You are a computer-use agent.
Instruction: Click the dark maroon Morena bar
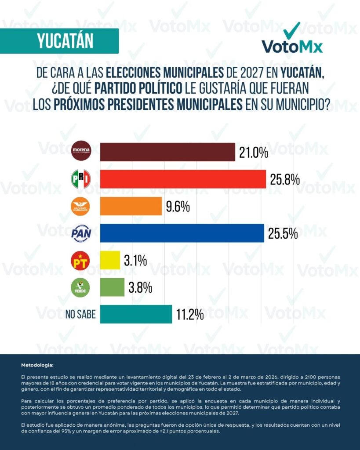point(167,152)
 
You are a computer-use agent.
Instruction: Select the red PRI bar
point(183,179)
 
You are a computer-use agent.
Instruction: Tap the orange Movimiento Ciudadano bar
point(131,206)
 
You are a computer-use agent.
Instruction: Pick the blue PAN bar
point(182,233)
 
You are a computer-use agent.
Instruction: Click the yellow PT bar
point(110,260)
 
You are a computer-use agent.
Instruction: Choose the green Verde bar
point(112,287)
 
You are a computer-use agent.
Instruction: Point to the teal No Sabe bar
point(136,314)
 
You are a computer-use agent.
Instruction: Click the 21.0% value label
point(254,152)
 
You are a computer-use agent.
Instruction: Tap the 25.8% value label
point(285,179)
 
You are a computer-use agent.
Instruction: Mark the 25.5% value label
point(283,233)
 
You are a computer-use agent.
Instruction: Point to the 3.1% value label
point(135,261)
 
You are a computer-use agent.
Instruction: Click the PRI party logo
point(81,179)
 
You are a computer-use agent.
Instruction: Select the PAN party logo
point(81,233)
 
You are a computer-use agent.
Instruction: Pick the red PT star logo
point(81,260)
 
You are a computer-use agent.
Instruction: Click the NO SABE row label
point(80,315)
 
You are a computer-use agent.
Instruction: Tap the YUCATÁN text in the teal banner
point(65,41)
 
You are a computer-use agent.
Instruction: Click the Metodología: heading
point(37,365)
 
